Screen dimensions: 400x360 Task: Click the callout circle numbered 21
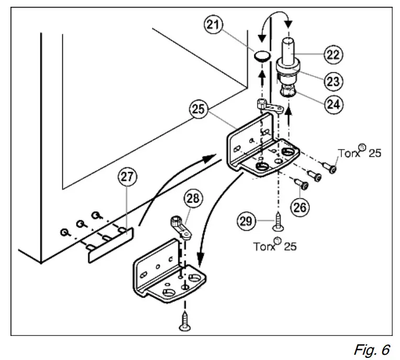coord(213,25)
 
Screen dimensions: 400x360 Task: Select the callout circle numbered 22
coord(334,54)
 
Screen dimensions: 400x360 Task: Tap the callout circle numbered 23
coord(334,81)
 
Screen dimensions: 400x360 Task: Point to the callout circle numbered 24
coord(334,104)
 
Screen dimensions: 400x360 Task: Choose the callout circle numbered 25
coord(199,109)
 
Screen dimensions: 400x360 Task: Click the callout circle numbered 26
coord(300,207)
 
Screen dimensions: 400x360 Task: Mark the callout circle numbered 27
coord(127,176)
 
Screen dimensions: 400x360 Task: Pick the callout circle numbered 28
coord(193,198)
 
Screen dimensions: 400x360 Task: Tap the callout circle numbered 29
coord(247,221)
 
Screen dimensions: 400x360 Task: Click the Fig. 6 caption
coord(372,350)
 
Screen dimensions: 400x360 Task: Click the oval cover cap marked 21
coord(262,56)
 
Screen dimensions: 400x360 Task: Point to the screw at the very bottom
coord(185,321)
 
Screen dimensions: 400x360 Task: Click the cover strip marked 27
coord(110,245)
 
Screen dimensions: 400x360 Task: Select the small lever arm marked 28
coord(181,228)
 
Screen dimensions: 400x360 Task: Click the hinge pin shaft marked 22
coord(288,50)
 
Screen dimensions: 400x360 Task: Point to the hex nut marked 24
coord(288,91)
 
